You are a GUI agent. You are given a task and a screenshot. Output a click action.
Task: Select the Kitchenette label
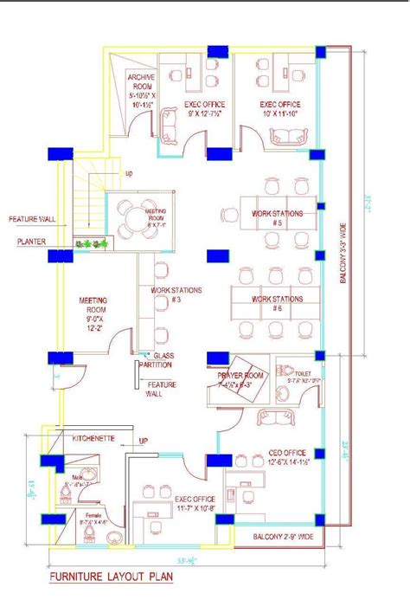click(x=93, y=439)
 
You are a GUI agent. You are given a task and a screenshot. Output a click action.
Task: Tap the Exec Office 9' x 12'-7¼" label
click(x=183, y=108)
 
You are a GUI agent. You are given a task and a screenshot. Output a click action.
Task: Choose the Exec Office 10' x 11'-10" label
click(x=281, y=108)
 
